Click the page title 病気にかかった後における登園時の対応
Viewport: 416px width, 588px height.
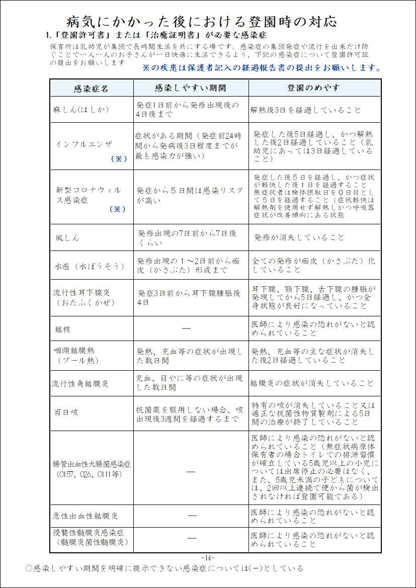[202, 22]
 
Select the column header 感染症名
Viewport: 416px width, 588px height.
[91, 89]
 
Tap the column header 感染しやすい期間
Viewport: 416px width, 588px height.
[191, 88]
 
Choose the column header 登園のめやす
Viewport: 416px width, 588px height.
[313, 88]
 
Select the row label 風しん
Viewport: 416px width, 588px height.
[67, 237]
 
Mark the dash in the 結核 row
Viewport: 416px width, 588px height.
[186, 328]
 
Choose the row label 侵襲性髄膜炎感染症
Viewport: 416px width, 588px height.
[89, 532]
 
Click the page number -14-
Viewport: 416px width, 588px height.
[208, 557]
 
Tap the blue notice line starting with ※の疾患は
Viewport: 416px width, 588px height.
[262, 68]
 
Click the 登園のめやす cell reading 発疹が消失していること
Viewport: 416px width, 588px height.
[299, 237]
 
